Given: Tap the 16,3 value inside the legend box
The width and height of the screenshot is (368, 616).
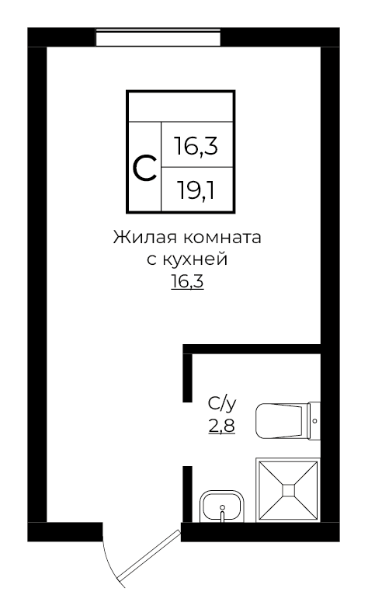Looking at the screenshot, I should (195, 147).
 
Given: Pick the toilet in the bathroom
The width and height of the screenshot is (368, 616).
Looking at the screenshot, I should (281, 420).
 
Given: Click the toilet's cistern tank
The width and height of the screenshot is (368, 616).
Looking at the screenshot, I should (314, 420).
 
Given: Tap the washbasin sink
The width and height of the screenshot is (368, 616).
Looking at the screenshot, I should (223, 506).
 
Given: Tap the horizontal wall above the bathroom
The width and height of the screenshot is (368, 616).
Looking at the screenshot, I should (252, 348).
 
